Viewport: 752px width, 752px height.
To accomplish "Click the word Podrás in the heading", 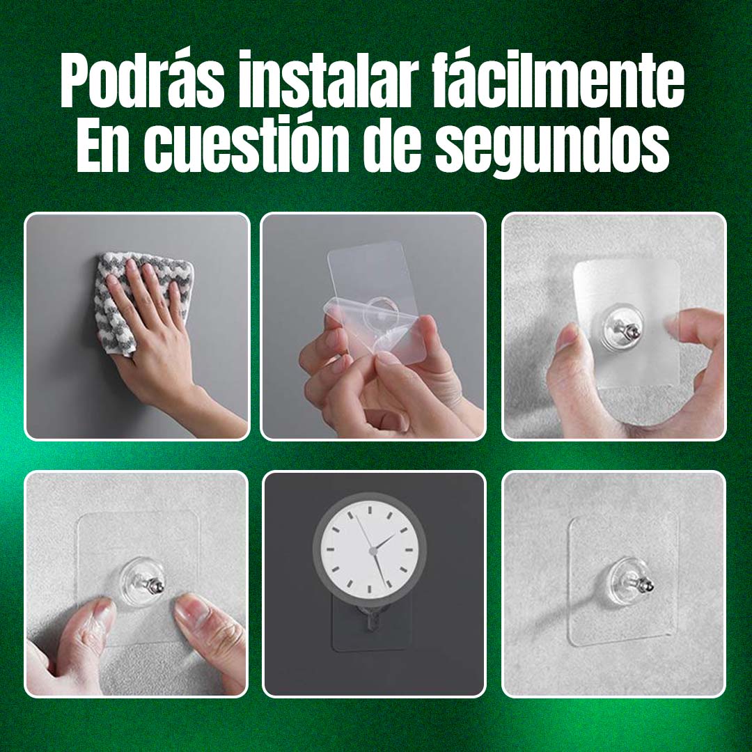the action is pos(143,81).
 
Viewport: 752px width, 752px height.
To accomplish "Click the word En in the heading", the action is pos(104,144).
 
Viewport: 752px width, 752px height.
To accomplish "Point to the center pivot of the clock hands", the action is pos(373,551).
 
